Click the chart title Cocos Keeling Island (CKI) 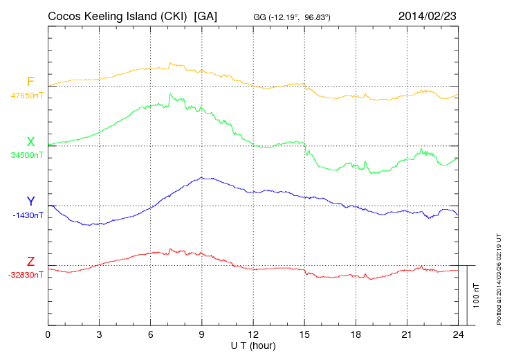tap(118, 16)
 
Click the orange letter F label tap(30, 82)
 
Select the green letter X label tap(30, 141)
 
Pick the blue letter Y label tap(30, 201)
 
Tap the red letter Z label tap(30, 261)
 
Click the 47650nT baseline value tap(27, 96)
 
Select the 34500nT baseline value tap(27, 155)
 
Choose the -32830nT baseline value tap(26, 275)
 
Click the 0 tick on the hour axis tap(48, 334)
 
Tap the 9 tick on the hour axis tap(201, 334)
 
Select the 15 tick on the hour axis tap(304, 334)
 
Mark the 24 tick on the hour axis tap(457, 334)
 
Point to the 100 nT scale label tap(477, 295)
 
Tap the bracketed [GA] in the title tap(206, 16)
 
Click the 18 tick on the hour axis tap(355, 334)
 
